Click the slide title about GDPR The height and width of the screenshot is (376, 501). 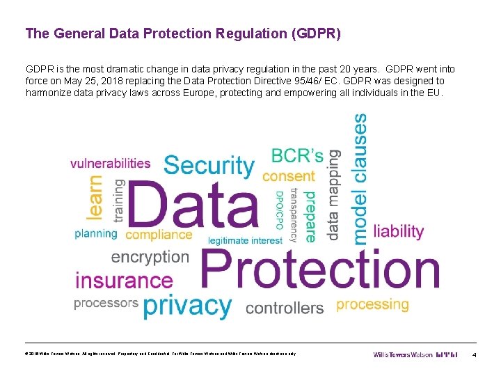coord(183,33)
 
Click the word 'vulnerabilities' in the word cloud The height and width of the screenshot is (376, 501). coord(110,163)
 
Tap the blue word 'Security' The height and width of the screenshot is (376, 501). coord(209,166)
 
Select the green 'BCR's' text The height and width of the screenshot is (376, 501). coord(297,155)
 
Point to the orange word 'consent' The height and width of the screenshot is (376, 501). coord(289,176)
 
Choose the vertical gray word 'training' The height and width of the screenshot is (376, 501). coord(118,201)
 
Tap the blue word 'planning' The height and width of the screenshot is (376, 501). coord(96,234)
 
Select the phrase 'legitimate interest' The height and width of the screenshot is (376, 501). coord(246,240)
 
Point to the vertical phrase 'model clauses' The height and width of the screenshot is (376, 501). coord(360,179)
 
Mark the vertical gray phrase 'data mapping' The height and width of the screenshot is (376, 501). coord(334,194)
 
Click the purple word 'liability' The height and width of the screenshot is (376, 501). coord(399,230)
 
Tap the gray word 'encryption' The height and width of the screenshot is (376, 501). coord(150,256)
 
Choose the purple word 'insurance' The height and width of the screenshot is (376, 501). coord(124,281)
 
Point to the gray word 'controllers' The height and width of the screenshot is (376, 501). coord(285,307)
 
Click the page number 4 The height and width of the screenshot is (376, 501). coord(473,356)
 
